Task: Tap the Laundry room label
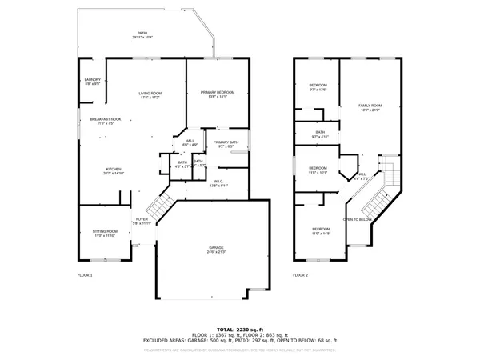click(92, 81)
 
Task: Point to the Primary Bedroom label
click(214, 95)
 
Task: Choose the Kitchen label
click(114, 170)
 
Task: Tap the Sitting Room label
click(105, 234)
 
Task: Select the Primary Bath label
click(225, 144)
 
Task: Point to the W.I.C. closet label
click(218, 182)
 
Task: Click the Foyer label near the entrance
click(142, 221)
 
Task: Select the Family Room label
click(370, 107)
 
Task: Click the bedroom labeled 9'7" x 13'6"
click(318, 87)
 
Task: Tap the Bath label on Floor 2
click(320, 134)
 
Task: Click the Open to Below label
click(358, 219)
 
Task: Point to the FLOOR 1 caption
click(85, 274)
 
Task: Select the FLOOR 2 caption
click(300, 274)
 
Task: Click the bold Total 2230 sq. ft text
click(240, 328)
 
